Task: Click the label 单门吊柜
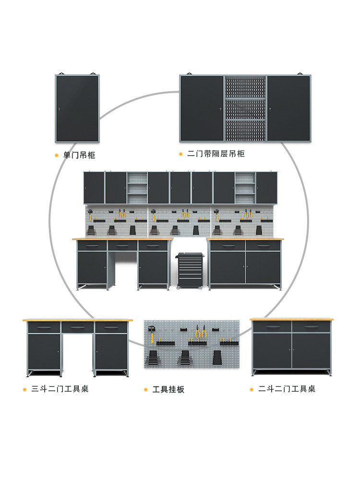tap(79, 156)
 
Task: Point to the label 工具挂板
tap(168, 389)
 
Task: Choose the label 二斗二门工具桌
tap(287, 389)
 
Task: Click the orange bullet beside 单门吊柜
tap(56, 156)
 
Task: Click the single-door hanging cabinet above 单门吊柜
tap(77, 109)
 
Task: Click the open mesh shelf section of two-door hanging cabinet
tap(245, 109)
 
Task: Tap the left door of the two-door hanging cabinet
tap(202, 109)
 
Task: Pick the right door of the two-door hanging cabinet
tap(288, 109)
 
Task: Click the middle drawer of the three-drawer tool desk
tap(77, 327)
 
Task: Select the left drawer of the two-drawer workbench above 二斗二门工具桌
tap(272, 327)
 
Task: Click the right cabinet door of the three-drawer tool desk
tap(111, 351)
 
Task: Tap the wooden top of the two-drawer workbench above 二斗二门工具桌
tap(292, 319)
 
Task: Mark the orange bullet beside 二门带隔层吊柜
tap(181, 154)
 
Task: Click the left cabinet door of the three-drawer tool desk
tap(44, 351)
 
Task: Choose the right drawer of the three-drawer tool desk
tap(111, 327)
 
